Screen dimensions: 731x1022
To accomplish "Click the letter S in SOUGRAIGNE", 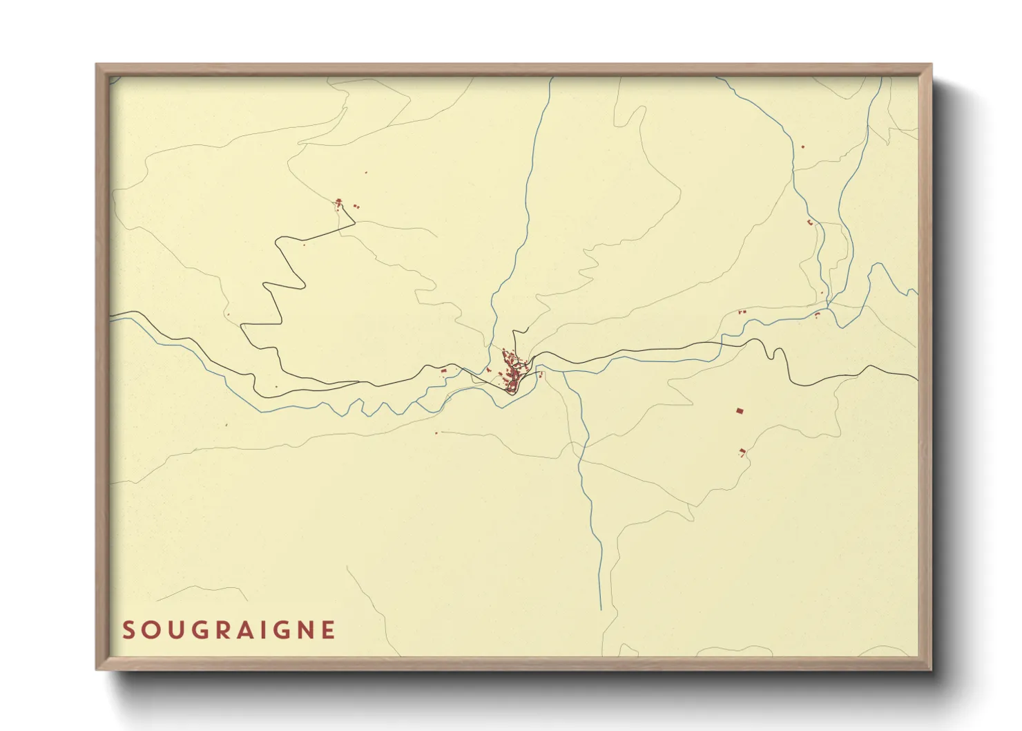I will click(x=128, y=630).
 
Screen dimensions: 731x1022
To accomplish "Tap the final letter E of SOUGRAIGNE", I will click(x=329, y=630).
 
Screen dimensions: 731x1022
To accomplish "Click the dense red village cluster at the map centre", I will click(x=513, y=371).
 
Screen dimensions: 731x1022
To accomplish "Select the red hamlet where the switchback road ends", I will click(x=339, y=203).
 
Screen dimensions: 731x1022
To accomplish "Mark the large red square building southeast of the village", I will click(x=740, y=411).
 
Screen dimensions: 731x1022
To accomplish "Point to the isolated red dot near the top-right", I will click(x=802, y=146).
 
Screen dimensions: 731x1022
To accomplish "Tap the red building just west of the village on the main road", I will click(x=444, y=372).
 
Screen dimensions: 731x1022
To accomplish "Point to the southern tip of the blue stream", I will click(x=601, y=609).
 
